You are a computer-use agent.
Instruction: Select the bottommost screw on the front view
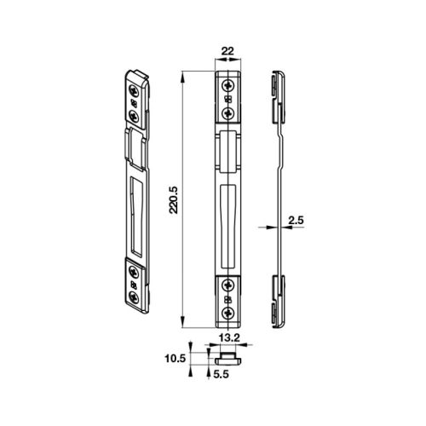coord(228,314)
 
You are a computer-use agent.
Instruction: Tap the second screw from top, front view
coord(228,112)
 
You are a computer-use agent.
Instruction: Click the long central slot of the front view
coord(227,213)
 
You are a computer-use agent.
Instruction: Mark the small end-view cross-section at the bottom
coord(229,354)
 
